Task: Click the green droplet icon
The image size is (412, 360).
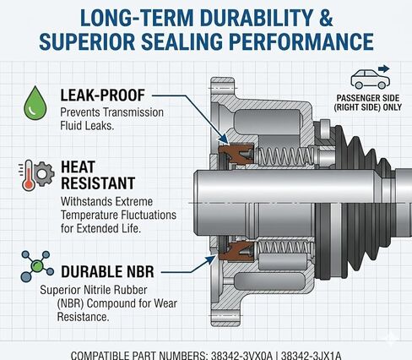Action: (x=35, y=103)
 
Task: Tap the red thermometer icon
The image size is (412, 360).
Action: (x=29, y=176)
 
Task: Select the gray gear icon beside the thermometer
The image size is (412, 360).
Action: (x=43, y=174)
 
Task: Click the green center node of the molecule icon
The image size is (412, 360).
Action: (x=36, y=265)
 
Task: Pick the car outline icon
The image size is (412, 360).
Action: (x=370, y=79)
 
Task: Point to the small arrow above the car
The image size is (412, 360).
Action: (x=384, y=68)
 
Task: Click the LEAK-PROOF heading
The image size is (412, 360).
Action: (x=102, y=95)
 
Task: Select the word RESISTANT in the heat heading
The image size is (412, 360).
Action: (x=98, y=183)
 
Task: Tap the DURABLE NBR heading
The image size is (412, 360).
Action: (x=107, y=272)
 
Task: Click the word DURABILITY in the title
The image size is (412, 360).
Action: (x=256, y=19)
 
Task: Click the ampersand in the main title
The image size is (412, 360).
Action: (x=326, y=19)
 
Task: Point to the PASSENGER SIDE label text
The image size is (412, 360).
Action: (x=368, y=98)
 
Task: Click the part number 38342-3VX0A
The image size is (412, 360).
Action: (x=241, y=355)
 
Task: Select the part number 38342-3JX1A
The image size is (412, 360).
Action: (x=311, y=355)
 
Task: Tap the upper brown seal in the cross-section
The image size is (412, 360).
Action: (x=236, y=154)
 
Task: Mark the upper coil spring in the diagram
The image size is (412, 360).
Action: (x=285, y=155)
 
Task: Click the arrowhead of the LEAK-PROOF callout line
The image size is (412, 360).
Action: (x=224, y=139)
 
